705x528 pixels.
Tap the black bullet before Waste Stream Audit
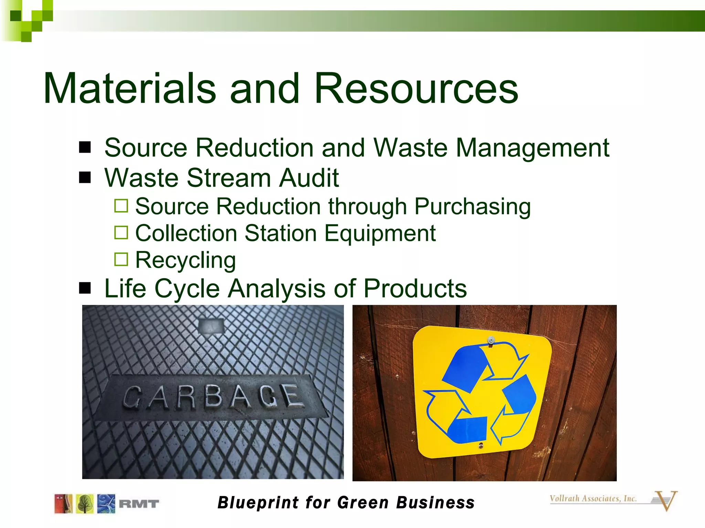[x=85, y=178]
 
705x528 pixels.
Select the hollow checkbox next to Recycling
[x=121, y=260]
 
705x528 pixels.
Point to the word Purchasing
[x=472, y=207]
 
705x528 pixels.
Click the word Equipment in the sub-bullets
[x=380, y=233]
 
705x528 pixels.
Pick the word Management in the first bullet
[x=533, y=148]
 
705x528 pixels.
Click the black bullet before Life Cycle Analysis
[x=85, y=288]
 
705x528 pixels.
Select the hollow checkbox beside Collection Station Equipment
[x=121, y=233]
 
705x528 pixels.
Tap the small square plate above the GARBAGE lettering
[x=211, y=326]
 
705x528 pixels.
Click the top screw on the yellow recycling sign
[x=491, y=340]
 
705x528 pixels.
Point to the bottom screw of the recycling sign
[x=481, y=446]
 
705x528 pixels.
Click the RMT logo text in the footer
[x=139, y=504]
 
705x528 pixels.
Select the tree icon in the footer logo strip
[x=85, y=504]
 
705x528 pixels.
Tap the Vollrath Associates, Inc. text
[x=593, y=498]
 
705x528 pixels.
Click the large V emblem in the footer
[x=665, y=500]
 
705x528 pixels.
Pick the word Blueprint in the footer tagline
[x=258, y=503]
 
